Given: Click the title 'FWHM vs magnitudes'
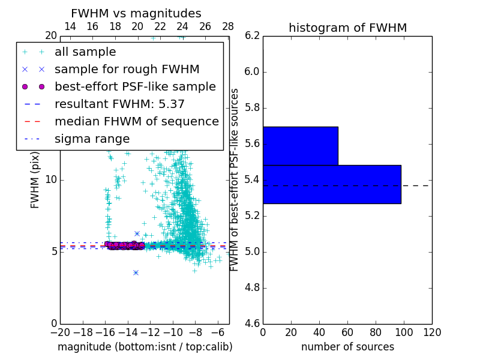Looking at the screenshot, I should click(x=136, y=13).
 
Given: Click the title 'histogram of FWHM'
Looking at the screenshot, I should click(x=347, y=28).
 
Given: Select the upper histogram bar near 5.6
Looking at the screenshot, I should click(x=300, y=146).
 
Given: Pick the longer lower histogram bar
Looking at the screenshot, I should click(x=331, y=184).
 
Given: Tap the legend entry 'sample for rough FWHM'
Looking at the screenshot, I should click(x=127, y=69).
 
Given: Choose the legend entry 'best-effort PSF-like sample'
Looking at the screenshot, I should click(x=135, y=86).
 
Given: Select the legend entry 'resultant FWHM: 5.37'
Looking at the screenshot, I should click(x=119, y=104).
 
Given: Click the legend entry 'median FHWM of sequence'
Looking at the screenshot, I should click(x=136, y=121).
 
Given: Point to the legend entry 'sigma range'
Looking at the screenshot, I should click(x=92, y=139).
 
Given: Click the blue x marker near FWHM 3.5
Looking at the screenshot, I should click(x=136, y=272).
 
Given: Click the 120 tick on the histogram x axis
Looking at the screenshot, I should click(x=431, y=332).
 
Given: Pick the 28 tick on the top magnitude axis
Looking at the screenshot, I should click(x=228, y=26).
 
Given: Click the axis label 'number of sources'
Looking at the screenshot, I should click(x=347, y=347).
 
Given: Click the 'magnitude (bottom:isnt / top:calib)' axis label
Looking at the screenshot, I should click(x=145, y=347).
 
